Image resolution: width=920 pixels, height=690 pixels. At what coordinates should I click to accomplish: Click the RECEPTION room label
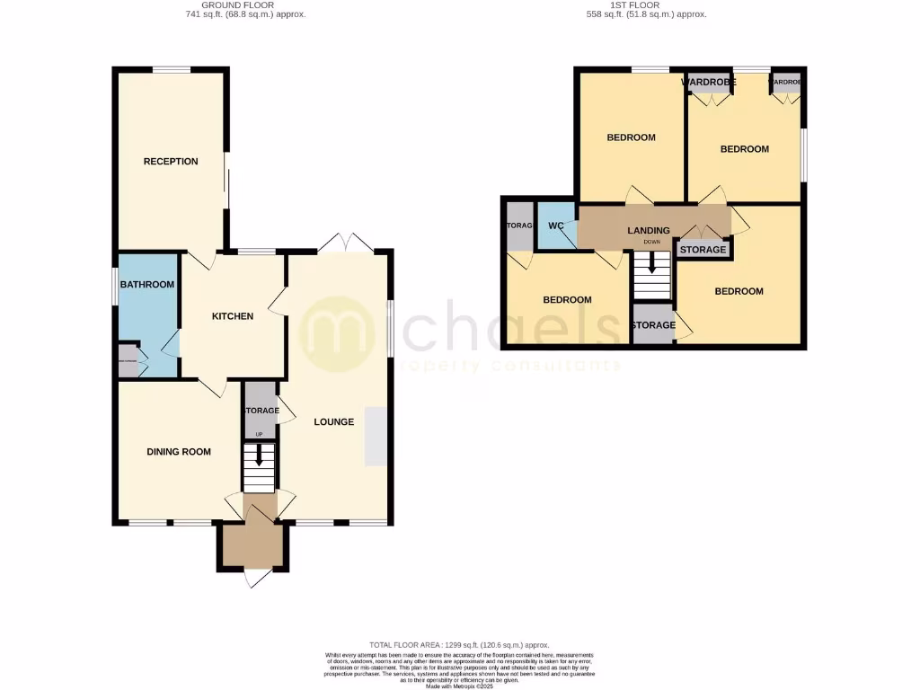pyautogui.click(x=171, y=162)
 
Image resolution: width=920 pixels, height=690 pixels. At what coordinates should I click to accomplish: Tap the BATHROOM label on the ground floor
pyautogui.click(x=147, y=285)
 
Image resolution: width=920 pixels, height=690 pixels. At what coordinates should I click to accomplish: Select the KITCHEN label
pyautogui.click(x=232, y=316)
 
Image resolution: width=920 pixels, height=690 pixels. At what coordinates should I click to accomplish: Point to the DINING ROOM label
pyautogui.click(x=179, y=452)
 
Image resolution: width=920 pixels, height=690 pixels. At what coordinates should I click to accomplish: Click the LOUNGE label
pyautogui.click(x=333, y=422)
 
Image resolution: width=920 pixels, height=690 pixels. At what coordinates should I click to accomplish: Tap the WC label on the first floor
pyautogui.click(x=555, y=226)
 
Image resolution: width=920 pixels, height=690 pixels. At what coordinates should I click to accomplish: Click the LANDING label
pyautogui.click(x=649, y=231)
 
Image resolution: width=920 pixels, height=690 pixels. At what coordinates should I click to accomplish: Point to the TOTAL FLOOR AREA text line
pyautogui.click(x=459, y=645)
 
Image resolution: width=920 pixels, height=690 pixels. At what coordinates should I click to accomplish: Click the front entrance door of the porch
pyautogui.click(x=254, y=578)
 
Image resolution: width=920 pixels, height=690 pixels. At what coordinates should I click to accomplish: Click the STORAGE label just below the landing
pyautogui.click(x=703, y=250)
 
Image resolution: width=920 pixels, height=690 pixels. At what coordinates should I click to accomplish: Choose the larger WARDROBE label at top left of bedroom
pyautogui.click(x=709, y=83)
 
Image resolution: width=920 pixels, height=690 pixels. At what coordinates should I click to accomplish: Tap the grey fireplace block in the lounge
pyautogui.click(x=376, y=436)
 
